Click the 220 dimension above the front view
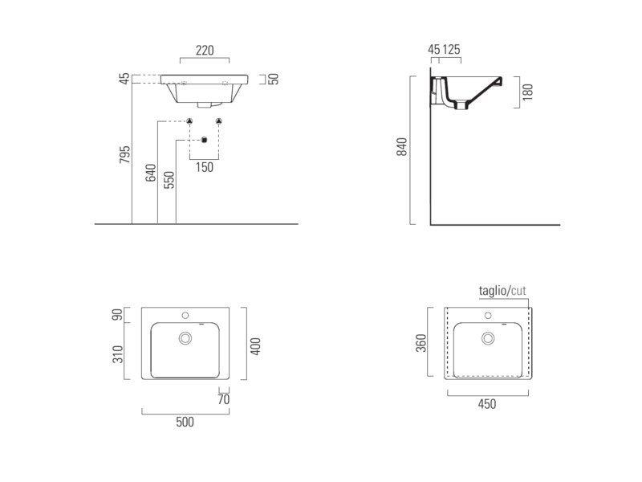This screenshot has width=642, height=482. tap(205, 51)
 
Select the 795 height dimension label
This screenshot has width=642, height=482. tap(125, 154)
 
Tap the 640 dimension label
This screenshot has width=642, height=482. tap(151, 173)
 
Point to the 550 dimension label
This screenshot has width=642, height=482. tap(169, 180)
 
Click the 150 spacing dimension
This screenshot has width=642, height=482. tap(205, 167)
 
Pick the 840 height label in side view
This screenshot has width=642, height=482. tap(402, 147)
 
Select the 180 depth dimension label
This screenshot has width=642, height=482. tap(528, 92)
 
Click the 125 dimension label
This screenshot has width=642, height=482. tap(451, 50)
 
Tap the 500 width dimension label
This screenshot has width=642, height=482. tap(185, 422)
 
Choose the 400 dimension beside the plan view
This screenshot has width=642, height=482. tap(255, 346)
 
